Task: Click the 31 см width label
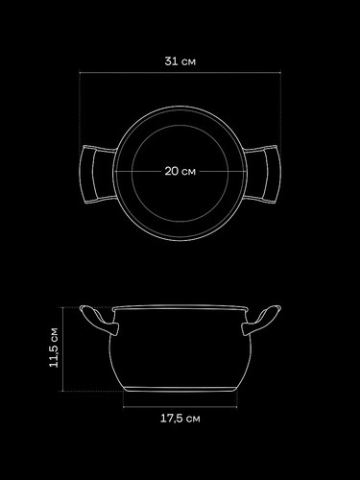180,61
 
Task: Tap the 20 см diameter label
180,171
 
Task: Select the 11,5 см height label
54,348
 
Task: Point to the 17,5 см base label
180,419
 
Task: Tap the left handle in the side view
99,320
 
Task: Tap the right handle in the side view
261,320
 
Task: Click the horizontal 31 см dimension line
180,73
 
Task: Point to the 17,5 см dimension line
180,407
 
